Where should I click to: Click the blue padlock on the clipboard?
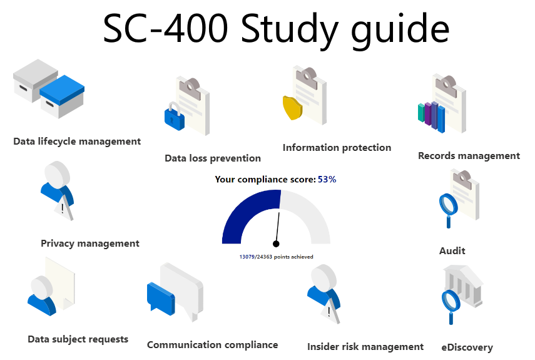tap(175, 116)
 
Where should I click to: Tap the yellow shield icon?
tap(292, 108)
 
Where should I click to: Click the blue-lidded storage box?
tap(62, 96)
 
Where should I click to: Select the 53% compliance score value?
tap(327, 179)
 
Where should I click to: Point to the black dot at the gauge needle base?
tap(276, 244)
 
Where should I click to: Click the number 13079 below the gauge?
tap(247, 257)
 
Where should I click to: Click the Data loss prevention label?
tap(213, 158)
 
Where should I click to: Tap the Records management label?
tap(469, 156)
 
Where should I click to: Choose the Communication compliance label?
tap(212, 345)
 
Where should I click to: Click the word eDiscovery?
tap(467, 347)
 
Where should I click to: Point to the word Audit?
tap(452, 251)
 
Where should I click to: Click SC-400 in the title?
tap(165, 28)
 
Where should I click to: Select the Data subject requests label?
tap(78, 339)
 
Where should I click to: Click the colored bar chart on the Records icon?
tap(432, 116)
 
